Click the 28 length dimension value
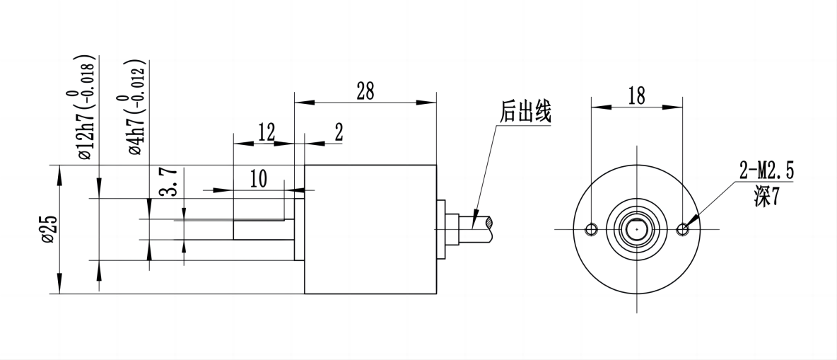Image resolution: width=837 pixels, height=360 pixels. click(365, 91)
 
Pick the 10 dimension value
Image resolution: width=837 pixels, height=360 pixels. click(258, 179)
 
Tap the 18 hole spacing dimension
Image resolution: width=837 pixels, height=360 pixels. click(636, 96)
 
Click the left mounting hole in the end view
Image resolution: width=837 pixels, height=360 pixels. click(592, 229)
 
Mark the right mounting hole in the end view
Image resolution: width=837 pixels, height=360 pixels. click(682, 229)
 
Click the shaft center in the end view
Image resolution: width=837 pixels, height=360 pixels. click(637, 229)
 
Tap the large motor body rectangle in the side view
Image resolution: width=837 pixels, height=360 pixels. click(370, 228)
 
